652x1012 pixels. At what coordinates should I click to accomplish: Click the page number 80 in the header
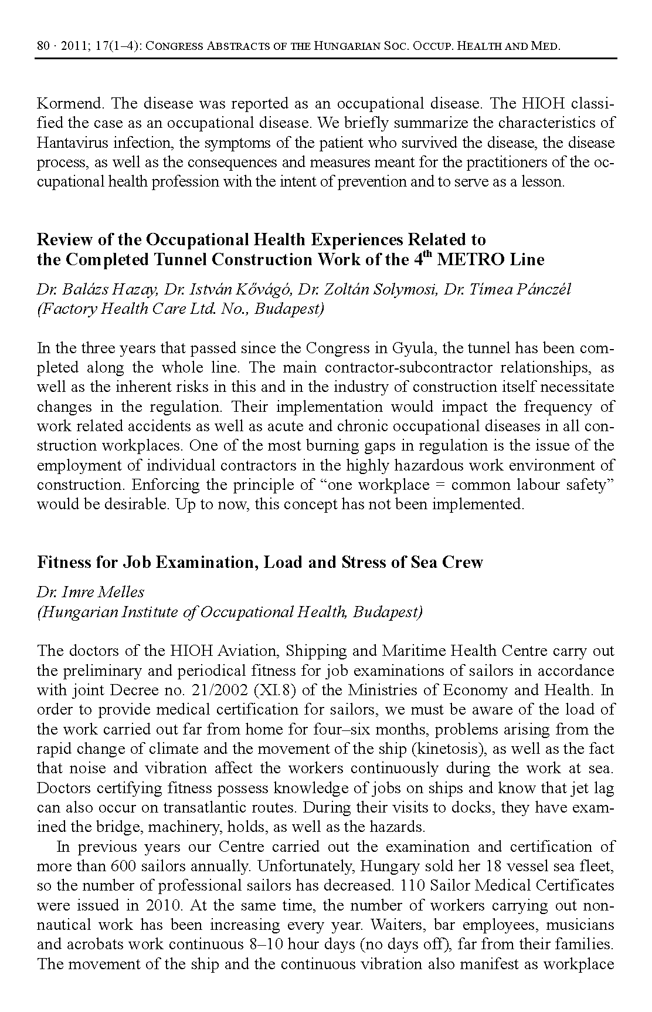point(43,46)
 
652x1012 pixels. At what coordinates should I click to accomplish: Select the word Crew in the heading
point(463,562)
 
